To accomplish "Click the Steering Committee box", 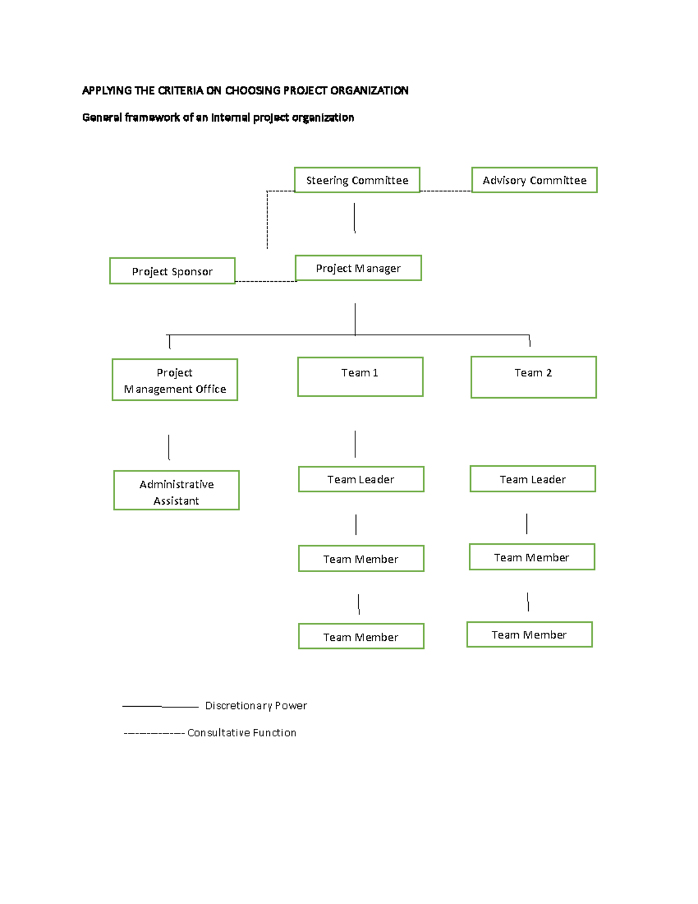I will click(x=357, y=180).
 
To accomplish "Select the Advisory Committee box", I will click(x=534, y=180).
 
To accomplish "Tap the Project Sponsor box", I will click(x=172, y=271).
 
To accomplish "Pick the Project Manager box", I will click(x=358, y=268).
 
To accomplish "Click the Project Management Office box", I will click(x=174, y=380).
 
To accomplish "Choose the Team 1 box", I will click(x=360, y=377).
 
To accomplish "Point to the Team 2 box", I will click(x=533, y=377).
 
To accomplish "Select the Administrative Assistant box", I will click(x=176, y=491).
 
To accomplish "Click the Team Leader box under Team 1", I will click(x=361, y=479).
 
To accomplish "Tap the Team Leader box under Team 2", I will click(x=532, y=479).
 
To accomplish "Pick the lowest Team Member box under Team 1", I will click(x=361, y=636).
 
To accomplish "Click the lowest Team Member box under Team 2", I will click(x=529, y=634).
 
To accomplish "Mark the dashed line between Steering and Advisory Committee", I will click(x=445, y=191).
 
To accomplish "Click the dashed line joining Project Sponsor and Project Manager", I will click(x=266, y=282).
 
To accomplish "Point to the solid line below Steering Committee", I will click(x=354, y=218).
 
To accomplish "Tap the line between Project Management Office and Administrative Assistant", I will click(x=169, y=447).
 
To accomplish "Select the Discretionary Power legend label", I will click(x=256, y=706).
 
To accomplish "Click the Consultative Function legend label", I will click(x=241, y=733).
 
